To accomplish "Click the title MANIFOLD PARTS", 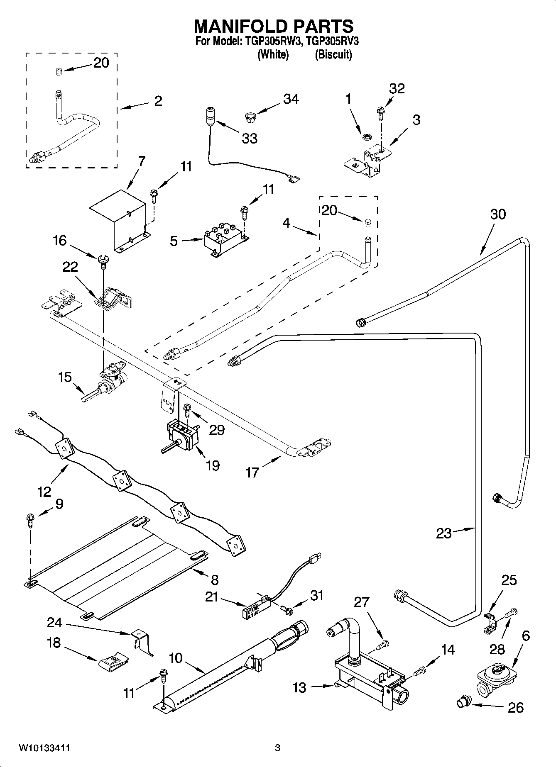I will [274, 26].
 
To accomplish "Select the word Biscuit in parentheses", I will [333, 54].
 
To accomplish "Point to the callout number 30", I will [498, 214].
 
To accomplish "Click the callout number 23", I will [443, 533].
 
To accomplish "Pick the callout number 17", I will [252, 472].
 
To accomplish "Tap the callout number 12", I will [44, 492].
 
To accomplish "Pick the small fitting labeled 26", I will [462, 702].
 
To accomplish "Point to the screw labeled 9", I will [30, 519].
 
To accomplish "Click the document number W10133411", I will [44, 748].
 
